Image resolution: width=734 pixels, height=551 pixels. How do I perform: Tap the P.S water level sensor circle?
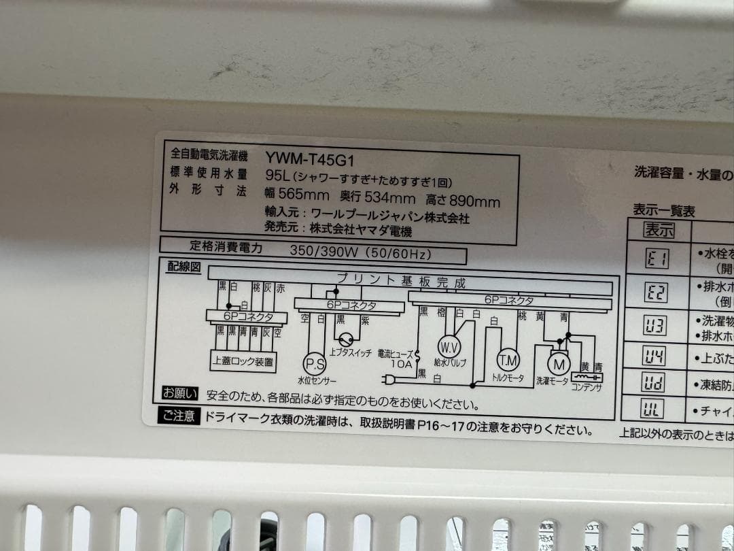pos(314,363)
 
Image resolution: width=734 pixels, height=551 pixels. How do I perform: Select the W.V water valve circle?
pos(449,346)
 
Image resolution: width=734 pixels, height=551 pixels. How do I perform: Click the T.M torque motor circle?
pos(508,359)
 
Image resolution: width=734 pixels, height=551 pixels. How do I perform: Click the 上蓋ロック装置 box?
pos(243,362)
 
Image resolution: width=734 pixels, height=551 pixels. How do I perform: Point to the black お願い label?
pos(179,393)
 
